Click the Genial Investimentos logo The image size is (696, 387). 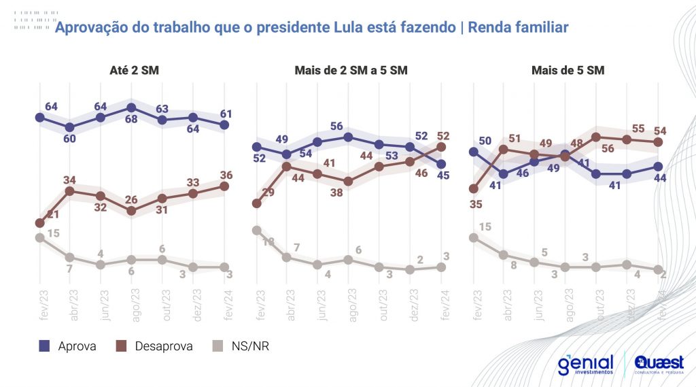pos(585,364)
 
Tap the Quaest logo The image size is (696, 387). pos(659,364)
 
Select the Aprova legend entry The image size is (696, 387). pos(67,346)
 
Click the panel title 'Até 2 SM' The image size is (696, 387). pos(135,70)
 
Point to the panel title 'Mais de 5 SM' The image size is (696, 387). pos(568,70)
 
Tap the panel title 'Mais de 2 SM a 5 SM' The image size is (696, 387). pos(351,70)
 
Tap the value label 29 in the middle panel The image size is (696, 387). pos(269,193)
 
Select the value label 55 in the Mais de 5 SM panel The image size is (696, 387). pos(638,129)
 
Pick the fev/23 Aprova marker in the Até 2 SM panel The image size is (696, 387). pos(39,118)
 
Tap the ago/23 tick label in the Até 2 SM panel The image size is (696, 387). pos(133,301)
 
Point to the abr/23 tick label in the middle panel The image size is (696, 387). pos(288,301)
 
